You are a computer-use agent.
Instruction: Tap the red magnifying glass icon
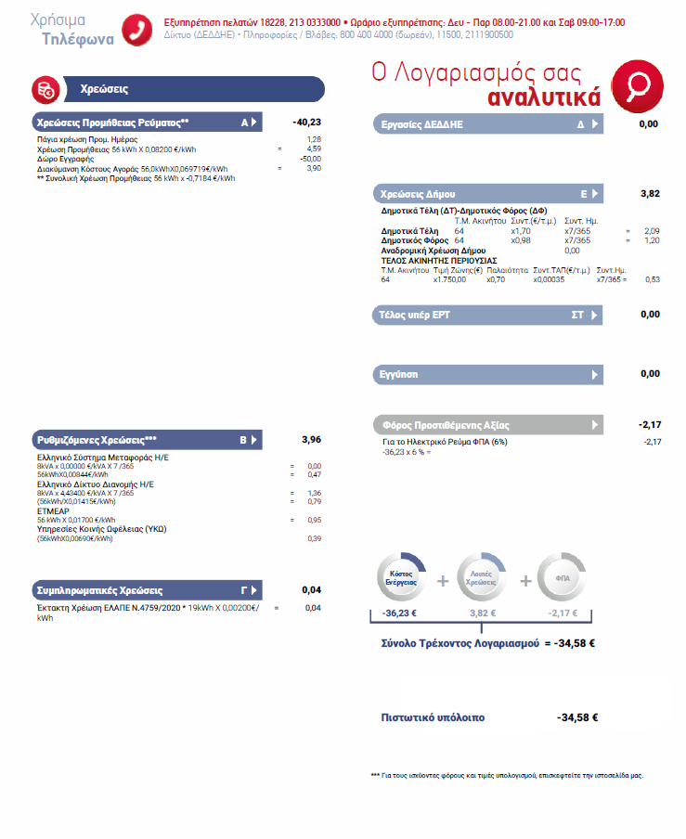(638, 84)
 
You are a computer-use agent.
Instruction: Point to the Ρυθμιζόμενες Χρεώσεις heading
(97, 439)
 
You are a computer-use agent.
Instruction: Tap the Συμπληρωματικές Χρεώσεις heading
(99, 590)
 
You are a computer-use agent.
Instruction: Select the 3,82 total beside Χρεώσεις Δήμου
(650, 194)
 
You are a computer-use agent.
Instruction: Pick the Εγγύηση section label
(397, 374)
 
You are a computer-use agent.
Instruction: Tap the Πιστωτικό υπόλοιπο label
(433, 717)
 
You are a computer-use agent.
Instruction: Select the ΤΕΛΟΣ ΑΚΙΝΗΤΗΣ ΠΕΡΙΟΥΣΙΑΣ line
(439, 261)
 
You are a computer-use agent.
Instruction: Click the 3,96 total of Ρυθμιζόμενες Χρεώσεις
(311, 439)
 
